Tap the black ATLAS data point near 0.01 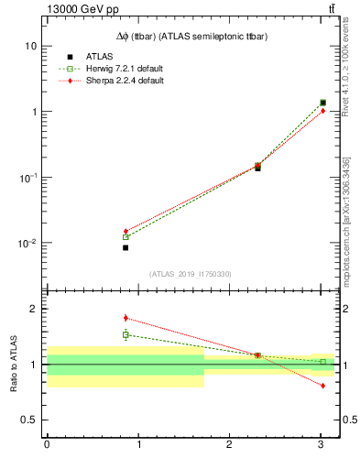click(125, 247)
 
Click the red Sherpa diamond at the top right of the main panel click(322, 111)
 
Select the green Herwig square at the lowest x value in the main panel click(125, 237)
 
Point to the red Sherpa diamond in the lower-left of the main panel click(125, 231)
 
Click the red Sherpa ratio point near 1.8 click(125, 318)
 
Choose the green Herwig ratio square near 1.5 click(125, 334)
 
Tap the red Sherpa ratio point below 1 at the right click(322, 386)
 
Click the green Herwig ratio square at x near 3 click(322, 362)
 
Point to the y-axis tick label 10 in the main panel click(31, 46)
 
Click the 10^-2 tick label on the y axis click(28, 244)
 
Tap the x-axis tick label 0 click(47, 444)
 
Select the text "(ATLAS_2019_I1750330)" click(191, 274)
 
